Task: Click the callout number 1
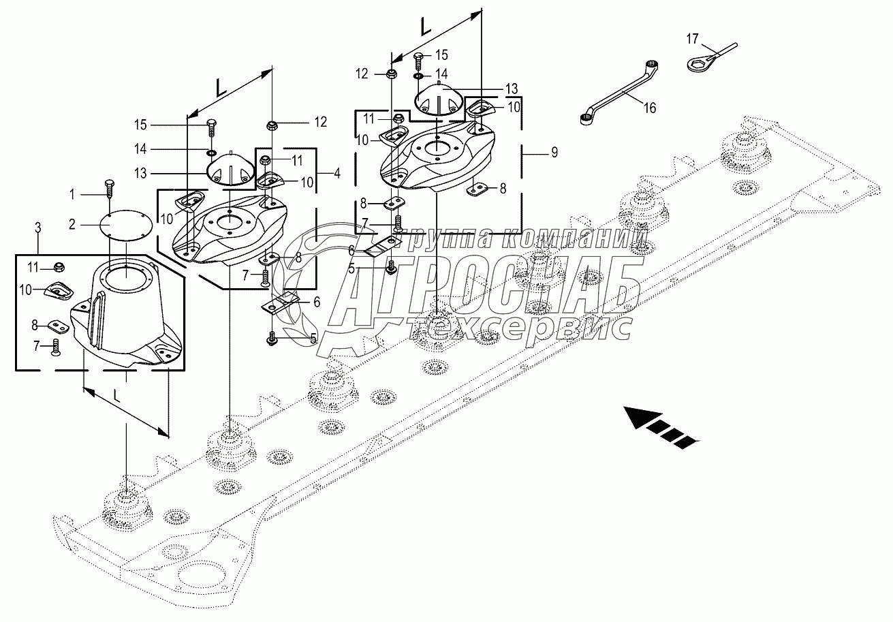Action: (x=72, y=195)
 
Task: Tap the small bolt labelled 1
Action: (x=109, y=188)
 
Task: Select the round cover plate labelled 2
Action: (x=125, y=226)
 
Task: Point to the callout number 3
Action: (x=38, y=228)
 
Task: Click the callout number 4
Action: (x=337, y=174)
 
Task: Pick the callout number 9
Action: (x=554, y=152)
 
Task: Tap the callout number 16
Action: (x=649, y=108)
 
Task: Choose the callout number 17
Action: (x=692, y=39)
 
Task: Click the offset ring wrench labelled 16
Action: (x=618, y=93)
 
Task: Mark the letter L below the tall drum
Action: (x=116, y=396)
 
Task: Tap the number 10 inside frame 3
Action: (x=25, y=290)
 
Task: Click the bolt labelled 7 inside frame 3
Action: (x=55, y=347)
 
